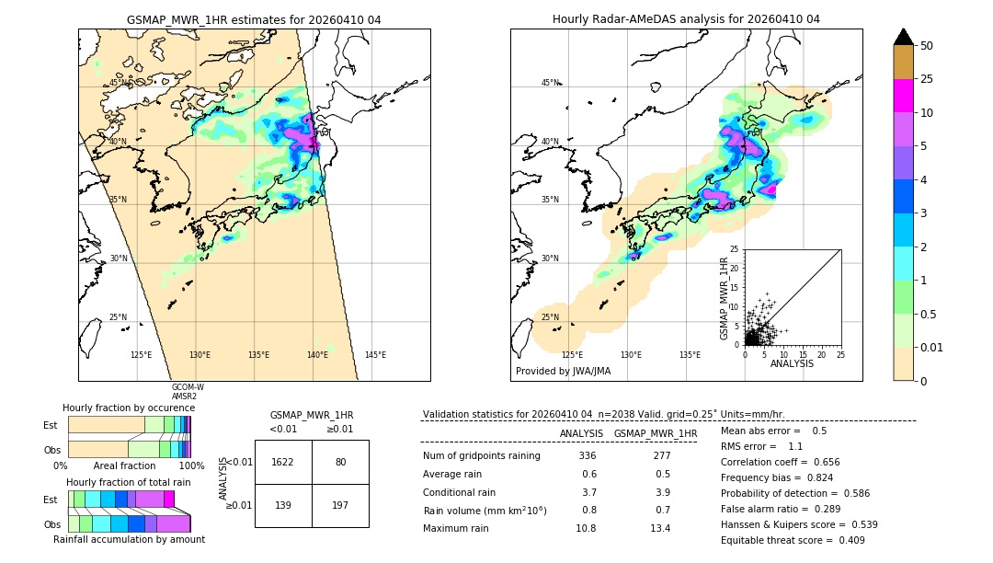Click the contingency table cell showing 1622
[283, 462]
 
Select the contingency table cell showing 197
[340, 505]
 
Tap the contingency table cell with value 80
[340, 462]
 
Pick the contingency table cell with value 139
[283, 505]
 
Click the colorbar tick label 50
[927, 46]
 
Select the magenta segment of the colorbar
[903, 96]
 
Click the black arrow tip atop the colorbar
[903, 35]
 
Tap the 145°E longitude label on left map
[375, 355]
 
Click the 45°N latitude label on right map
[550, 84]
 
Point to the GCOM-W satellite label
[188, 387]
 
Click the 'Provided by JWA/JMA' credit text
[563, 372]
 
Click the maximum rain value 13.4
[660, 528]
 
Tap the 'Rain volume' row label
[485, 511]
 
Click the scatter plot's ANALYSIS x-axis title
[792, 363]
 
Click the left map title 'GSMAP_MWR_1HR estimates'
[253, 19]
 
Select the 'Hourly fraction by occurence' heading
[129, 408]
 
